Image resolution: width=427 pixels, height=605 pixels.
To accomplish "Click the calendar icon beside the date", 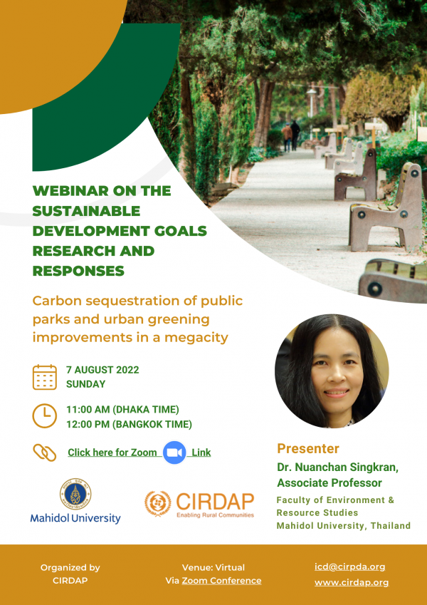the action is click(45, 377).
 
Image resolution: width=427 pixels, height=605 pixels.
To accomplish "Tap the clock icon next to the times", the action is click(45, 416).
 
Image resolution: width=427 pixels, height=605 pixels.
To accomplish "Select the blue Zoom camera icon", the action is click(174, 453).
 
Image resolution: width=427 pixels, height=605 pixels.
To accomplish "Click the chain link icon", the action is click(45, 453).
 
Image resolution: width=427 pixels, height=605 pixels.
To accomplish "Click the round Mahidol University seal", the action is click(75, 494).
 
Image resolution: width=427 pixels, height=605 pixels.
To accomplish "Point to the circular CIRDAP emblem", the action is click(158, 504).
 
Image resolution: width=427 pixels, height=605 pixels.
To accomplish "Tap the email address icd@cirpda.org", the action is click(350, 567).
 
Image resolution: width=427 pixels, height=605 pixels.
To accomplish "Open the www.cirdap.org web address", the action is click(352, 582).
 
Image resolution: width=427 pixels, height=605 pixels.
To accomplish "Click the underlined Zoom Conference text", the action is click(221, 580).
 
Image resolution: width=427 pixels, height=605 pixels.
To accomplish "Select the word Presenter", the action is click(308, 448).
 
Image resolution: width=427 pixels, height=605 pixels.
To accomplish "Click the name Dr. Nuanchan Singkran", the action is click(337, 467).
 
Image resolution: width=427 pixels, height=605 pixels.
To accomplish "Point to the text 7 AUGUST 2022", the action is click(102, 370).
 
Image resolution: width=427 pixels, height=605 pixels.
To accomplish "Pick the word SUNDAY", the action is click(85, 384).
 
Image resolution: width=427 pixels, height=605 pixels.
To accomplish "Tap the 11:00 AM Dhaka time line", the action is click(122, 409).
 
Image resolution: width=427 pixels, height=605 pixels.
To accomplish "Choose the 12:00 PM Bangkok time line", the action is click(129, 425).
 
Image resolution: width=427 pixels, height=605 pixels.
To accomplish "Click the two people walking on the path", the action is click(291, 136).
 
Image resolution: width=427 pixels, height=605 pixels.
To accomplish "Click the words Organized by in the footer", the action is click(70, 567).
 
